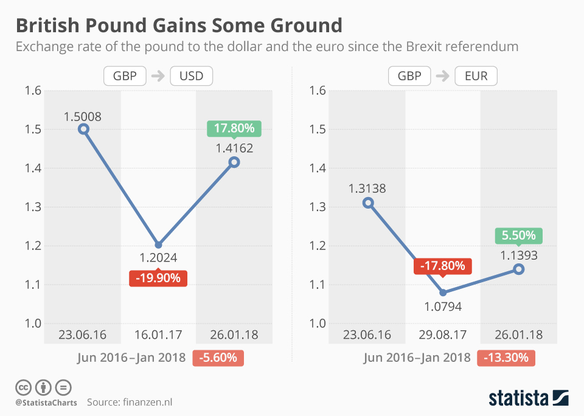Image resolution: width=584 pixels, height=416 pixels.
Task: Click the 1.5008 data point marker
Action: pyautogui.click(x=84, y=129)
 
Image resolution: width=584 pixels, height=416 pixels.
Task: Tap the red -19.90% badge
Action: pyautogui.click(x=158, y=279)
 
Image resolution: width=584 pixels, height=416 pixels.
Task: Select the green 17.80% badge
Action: pyautogui.click(x=234, y=129)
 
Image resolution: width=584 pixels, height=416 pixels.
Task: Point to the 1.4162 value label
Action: pyautogui.click(x=234, y=147)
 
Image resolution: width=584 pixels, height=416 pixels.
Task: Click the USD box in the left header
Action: pyautogui.click(x=192, y=76)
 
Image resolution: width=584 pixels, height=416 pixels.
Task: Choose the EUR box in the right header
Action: pyautogui.click(x=476, y=76)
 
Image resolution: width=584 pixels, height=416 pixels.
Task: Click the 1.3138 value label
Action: pyautogui.click(x=367, y=189)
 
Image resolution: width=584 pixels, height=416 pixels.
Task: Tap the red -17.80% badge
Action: pyautogui.click(x=443, y=266)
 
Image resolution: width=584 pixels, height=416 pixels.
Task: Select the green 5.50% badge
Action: pyautogui.click(x=519, y=235)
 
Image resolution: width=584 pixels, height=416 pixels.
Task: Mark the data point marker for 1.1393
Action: pyautogui.click(x=518, y=269)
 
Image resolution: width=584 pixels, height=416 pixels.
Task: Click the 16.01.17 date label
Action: pyautogui.click(x=158, y=335)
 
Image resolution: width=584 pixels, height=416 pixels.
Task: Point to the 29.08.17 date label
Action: pyautogui.click(x=443, y=335)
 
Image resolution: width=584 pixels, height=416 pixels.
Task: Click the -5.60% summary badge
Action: pyautogui.click(x=218, y=358)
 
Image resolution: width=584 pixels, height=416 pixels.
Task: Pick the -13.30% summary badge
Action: pyautogui.click(x=506, y=358)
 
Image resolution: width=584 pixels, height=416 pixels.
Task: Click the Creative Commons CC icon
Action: pyautogui.click(x=23, y=387)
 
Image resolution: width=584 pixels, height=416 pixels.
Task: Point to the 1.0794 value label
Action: pyautogui.click(x=442, y=307)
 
